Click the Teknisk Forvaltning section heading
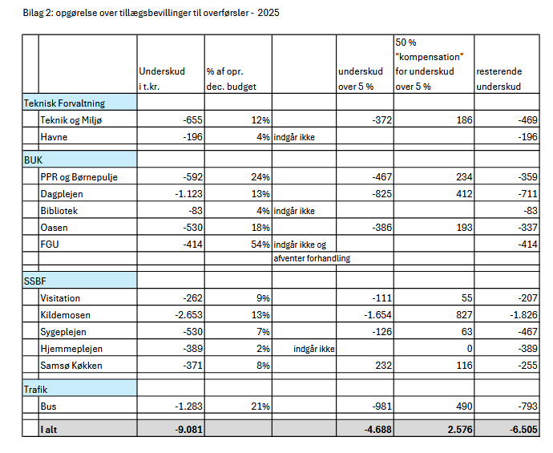[64, 103]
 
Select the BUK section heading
[33, 160]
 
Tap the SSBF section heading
[35, 281]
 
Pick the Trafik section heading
[38, 390]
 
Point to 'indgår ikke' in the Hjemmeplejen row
[314, 349]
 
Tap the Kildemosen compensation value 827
[460, 315]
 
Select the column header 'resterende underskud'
[499, 79]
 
